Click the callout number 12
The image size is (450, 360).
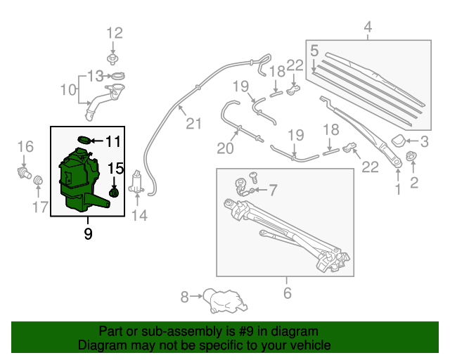point(114,32)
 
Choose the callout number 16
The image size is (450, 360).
point(25,146)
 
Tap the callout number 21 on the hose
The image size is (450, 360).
point(193,124)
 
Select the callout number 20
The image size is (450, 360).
point(224,148)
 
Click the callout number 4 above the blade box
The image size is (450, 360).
point(367,28)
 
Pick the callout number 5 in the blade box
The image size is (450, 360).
point(314,51)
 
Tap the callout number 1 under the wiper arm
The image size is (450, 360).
point(398,188)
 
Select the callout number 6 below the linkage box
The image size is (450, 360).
point(286,294)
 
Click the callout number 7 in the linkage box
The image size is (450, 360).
point(274,189)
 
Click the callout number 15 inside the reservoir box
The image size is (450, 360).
point(115,169)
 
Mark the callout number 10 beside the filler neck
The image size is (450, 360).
point(67,90)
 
